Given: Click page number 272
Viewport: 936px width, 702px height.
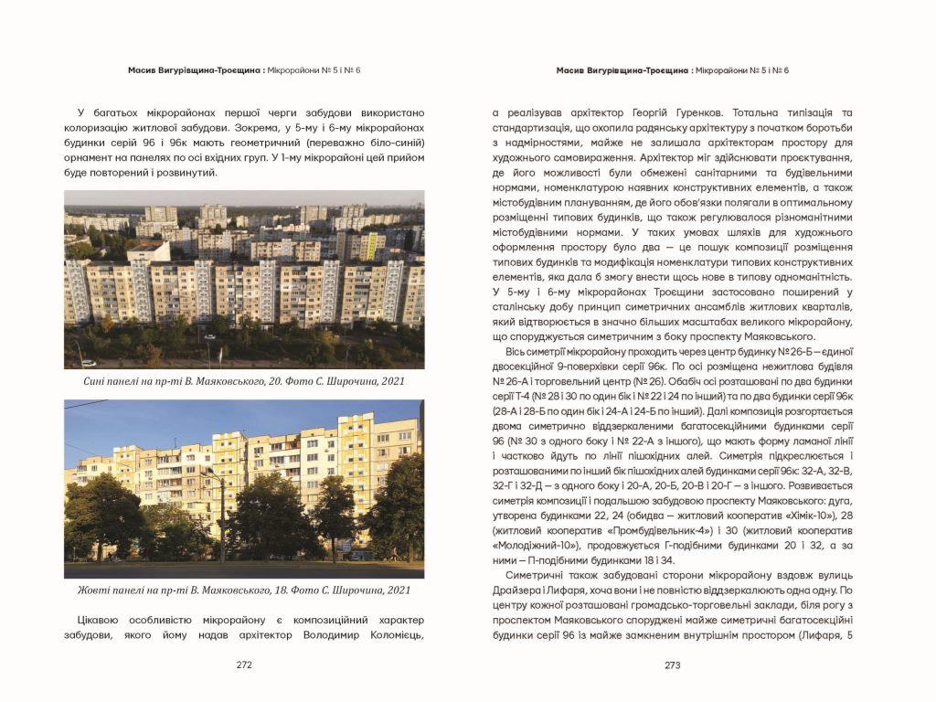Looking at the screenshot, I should tap(244, 665).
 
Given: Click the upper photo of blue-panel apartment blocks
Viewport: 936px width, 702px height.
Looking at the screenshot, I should tap(244, 279).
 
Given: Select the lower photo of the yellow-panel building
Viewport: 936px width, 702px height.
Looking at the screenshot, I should tap(244, 489).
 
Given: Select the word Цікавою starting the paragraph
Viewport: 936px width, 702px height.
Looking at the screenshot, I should tap(90, 620).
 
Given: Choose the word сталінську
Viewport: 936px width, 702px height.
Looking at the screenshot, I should tap(522, 307).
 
